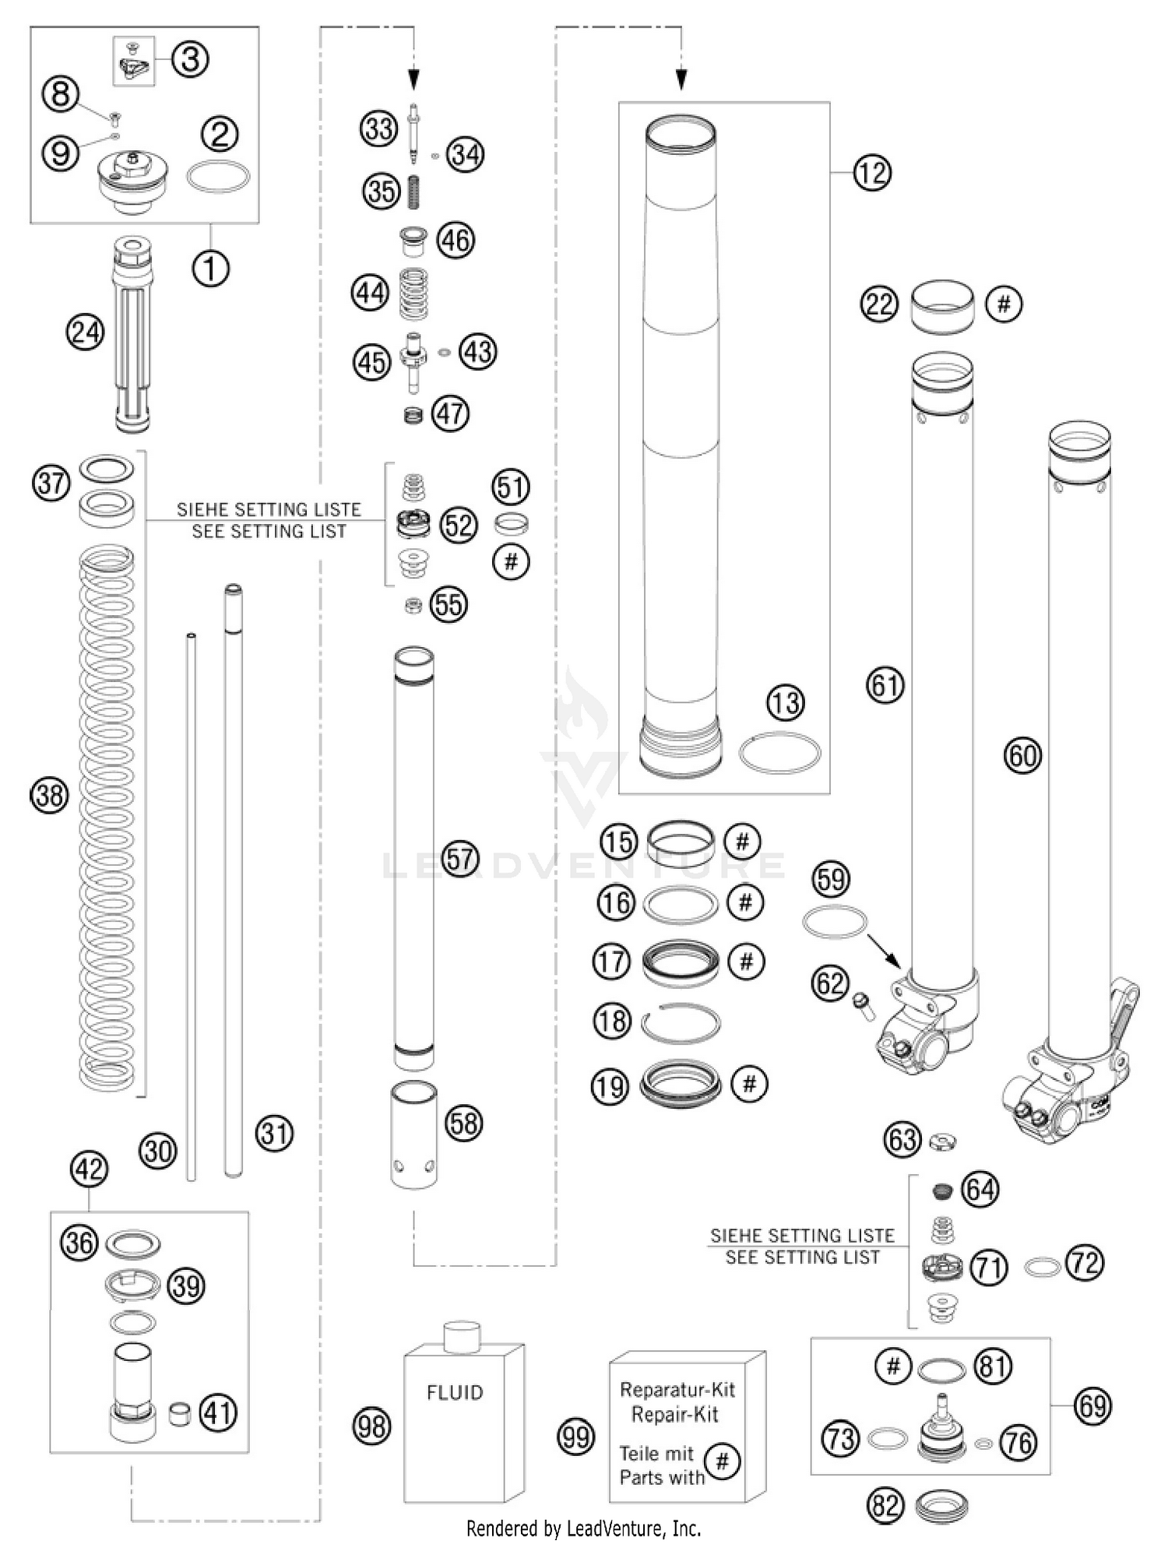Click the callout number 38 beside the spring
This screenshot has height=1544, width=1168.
pos(49,796)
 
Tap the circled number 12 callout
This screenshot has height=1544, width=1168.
pos(871,172)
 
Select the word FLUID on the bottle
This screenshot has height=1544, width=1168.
pos(455,1392)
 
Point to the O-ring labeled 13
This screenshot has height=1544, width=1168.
pos(779,753)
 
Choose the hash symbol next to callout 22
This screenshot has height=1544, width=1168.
pos(1004,303)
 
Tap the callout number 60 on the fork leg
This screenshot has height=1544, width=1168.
pos(1022,755)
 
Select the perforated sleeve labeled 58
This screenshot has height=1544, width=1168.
pos(413,1135)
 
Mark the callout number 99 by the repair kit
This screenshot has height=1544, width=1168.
pos(576,1437)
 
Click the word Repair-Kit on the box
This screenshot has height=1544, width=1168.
pos(674,1415)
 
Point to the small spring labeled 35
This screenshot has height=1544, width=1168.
pos(414,191)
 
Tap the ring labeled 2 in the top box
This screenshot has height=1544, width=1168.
pos(218,177)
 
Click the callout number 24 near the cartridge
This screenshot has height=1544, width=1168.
pos(84,332)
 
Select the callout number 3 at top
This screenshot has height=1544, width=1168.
pos(190,58)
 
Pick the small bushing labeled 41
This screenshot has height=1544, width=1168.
pos(180,1412)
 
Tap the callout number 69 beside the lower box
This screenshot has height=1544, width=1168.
pos(1092,1406)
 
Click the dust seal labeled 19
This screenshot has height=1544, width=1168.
pos(679,1084)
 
